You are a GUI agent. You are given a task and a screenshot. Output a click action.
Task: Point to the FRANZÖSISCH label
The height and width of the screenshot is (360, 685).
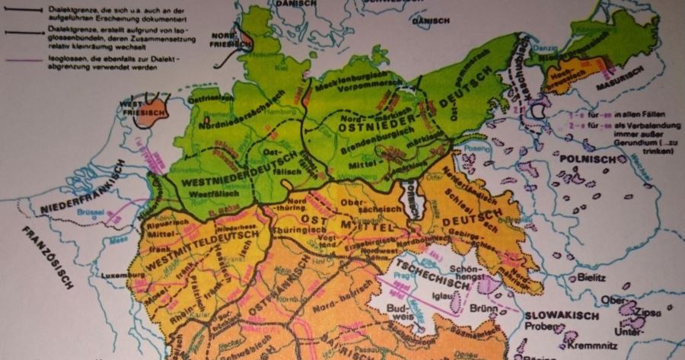[x=46, y=259]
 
